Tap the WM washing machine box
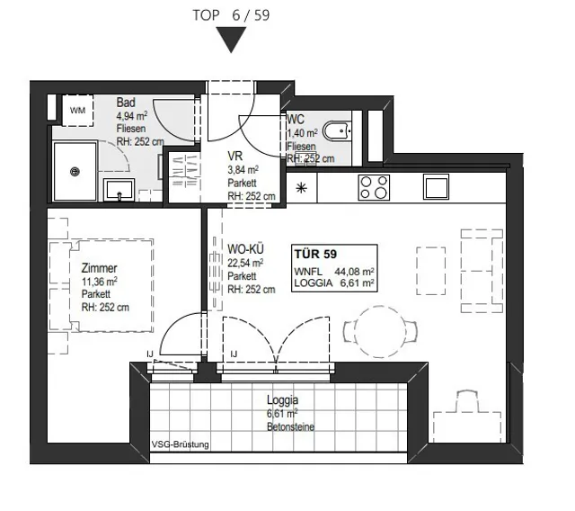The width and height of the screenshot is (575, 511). [x=77, y=110]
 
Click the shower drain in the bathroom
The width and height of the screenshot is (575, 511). [x=75, y=172]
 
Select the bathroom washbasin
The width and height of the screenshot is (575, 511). [x=119, y=190]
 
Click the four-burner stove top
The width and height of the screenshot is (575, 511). [x=374, y=187]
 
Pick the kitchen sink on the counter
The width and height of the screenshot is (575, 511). [x=436, y=187]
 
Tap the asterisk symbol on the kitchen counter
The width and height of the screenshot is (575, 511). [x=302, y=189]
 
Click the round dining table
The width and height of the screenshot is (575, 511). [x=380, y=332]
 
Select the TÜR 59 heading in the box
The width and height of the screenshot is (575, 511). [x=315, y=254]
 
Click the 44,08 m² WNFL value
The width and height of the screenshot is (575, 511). [x=354, y=272]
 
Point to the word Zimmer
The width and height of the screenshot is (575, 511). [x=99, y=268]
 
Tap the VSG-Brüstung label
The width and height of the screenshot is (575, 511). [x=180, y=444]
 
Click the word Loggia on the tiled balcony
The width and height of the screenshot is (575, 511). [x=282, y=400]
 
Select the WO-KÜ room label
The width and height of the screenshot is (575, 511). [x=245, y=249]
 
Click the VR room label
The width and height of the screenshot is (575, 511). [x=235, y=156]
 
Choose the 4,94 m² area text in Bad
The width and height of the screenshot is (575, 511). [x=132, y=116]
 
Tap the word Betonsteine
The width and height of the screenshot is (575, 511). [x=290, y=427]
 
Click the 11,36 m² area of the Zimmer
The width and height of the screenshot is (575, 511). [x=100, y=282]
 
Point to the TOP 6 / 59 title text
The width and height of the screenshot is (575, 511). [x=231, y=15]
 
